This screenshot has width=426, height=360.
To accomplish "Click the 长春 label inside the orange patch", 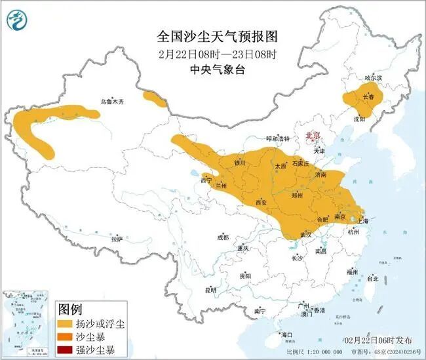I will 370,97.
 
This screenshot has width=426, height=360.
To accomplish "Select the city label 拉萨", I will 117,240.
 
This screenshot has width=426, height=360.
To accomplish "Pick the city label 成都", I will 223,237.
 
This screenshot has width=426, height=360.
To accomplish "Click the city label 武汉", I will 305,234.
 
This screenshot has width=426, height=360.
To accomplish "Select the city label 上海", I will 362,221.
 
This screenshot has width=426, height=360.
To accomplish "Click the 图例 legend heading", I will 70,308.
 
